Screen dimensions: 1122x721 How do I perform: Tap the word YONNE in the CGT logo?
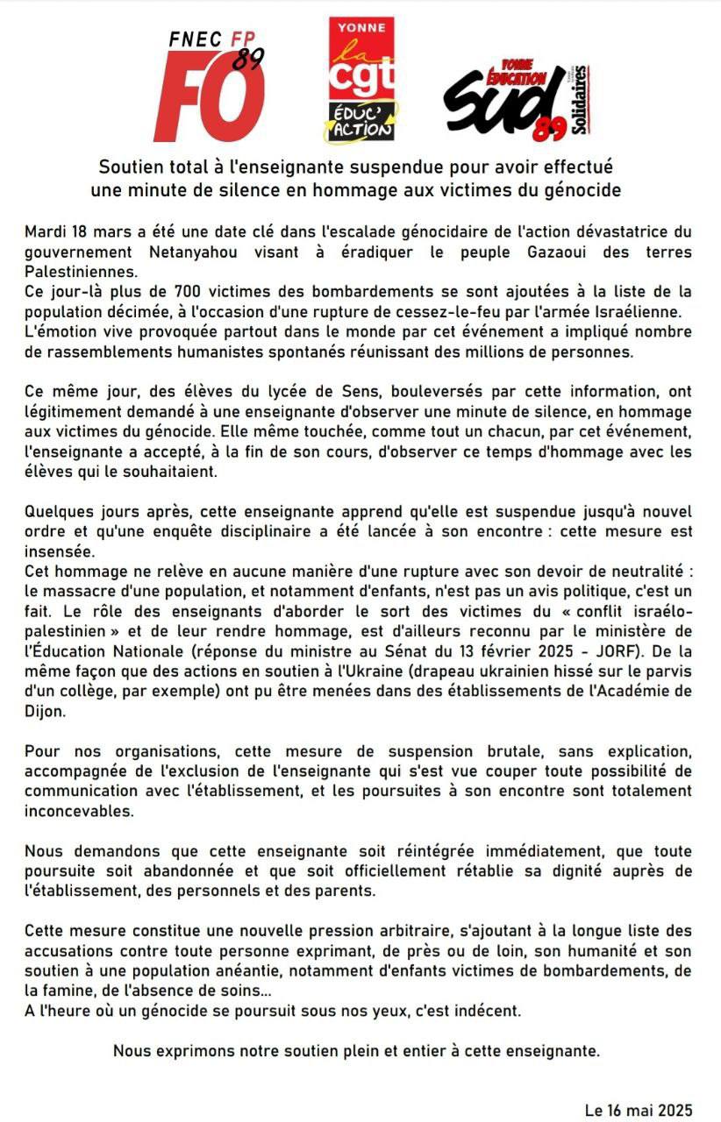[x=364, y=27]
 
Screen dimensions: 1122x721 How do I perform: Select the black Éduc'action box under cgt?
[x=361, y=121]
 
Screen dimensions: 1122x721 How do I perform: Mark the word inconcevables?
[x=79, y=812]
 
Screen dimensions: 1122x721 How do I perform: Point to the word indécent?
[x=486, y=1011]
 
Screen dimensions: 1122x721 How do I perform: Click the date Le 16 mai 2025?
[x=638, y=1110]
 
